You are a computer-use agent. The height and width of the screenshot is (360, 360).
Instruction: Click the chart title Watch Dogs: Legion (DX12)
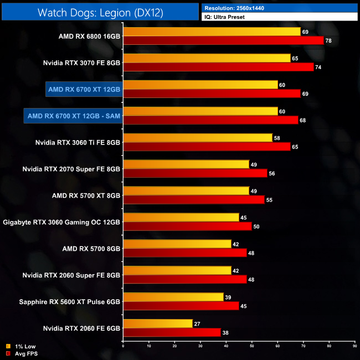coord(100,12)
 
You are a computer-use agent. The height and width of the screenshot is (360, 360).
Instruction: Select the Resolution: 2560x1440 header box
coord(280,8)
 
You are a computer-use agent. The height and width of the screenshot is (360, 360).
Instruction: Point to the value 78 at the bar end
coord(330,40)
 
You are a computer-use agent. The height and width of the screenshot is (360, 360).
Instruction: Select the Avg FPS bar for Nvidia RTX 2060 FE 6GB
coord(172,332)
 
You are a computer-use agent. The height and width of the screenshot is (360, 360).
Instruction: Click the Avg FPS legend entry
coord(22,353)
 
